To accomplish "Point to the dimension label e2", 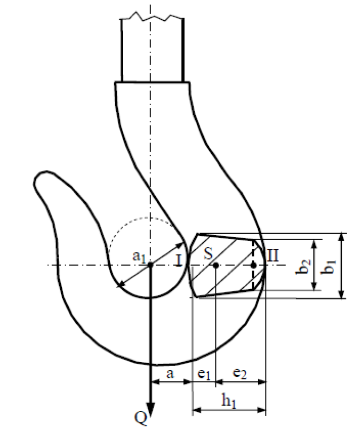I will [x=239, y=375].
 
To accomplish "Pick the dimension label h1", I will [x=228, y=401].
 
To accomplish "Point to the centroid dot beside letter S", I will [x=214, y=265].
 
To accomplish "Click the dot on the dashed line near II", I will [x=253, y=265].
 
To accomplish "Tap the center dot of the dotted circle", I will [x=151, y=265].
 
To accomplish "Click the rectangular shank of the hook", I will [x=153, y=51].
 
